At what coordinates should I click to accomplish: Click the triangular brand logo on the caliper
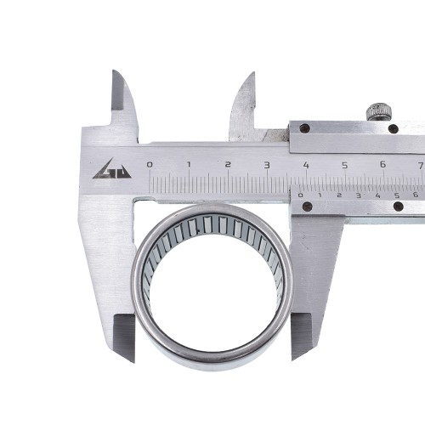112,169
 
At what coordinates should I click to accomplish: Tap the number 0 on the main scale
150,165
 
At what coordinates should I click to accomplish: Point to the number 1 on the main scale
189,165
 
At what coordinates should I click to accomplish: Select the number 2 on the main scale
228,165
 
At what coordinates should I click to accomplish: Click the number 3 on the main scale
267,165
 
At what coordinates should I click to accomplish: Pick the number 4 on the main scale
306,165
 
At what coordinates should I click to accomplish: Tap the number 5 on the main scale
344,165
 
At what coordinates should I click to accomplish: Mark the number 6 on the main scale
383,164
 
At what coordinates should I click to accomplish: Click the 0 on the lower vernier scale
300,195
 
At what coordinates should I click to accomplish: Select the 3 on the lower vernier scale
359,195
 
